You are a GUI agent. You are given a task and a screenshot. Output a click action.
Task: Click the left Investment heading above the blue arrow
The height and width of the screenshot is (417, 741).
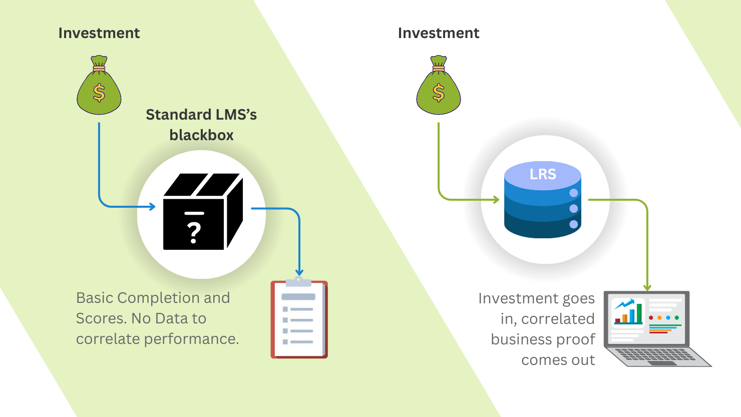coord(99,33)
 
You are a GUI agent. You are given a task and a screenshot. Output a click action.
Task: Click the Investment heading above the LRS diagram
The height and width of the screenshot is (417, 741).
coord(438,33)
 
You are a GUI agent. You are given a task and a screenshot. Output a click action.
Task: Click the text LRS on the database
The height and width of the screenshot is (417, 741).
coord(543,174)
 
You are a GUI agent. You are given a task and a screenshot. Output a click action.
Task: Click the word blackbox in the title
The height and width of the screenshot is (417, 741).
coord(201,135)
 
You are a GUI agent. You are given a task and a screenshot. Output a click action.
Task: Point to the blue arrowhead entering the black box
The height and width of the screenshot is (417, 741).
coord(152,207)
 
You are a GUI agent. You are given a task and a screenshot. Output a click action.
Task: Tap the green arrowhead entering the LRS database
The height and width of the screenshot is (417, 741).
coord(496,200)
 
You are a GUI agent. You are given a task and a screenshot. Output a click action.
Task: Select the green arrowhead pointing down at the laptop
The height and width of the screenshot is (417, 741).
coord(647,287)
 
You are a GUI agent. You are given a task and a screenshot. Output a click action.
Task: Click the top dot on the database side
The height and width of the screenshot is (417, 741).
coord(574,193)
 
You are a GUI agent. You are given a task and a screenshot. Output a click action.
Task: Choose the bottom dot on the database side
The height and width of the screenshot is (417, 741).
coord(574,224)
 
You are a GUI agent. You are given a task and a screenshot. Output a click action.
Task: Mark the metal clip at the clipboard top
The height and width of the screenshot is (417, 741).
coord(299,280)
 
